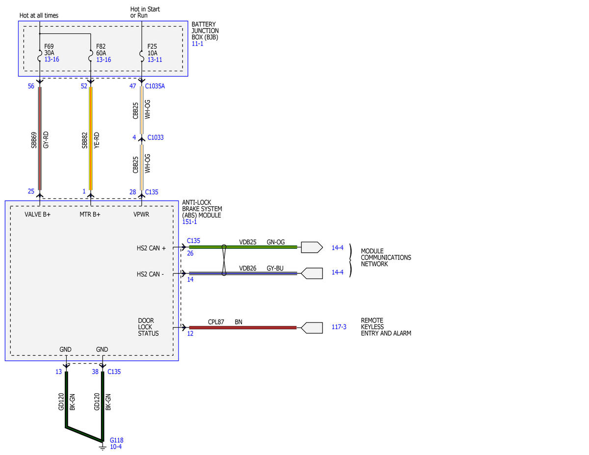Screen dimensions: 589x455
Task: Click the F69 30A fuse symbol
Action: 40,55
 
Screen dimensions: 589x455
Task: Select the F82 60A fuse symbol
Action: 90,55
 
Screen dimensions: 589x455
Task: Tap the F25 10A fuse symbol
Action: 141,55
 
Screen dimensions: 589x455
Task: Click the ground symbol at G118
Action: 103,447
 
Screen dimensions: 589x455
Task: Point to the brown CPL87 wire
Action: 242,328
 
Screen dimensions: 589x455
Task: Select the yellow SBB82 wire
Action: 90,138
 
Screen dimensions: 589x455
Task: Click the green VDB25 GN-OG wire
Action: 243,247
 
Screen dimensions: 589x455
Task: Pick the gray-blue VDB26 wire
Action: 243,273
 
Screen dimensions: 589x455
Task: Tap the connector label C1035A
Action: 155,86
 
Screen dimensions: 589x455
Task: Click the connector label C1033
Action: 155,137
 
